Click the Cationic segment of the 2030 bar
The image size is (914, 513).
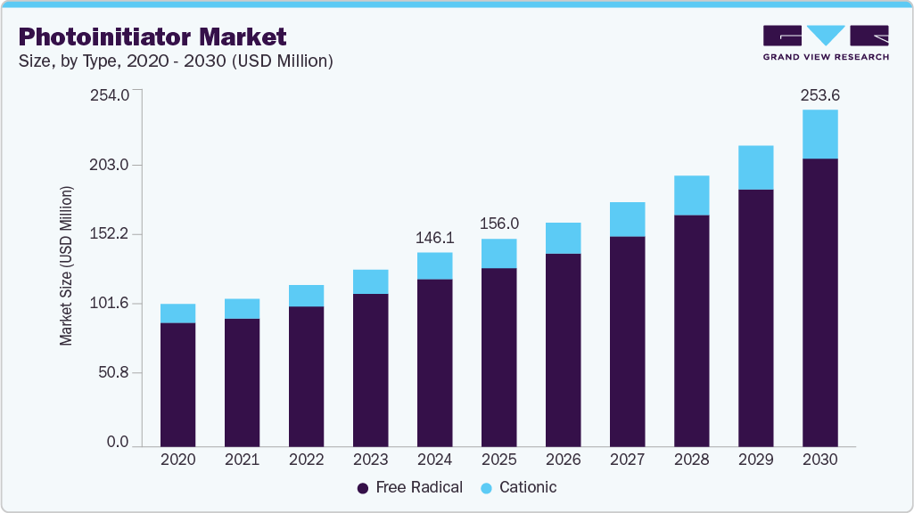click(x=819, y=134)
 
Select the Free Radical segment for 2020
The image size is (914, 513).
click(x=177, y=383)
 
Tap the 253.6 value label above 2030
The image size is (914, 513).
click(x=820, y=94)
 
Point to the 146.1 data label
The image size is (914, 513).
click(x=435, y=238)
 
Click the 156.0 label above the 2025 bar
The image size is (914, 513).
click(x=499, y=224)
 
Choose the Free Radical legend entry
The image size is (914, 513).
click(x=409, y=487)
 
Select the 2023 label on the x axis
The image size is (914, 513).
click(x=370, y=460)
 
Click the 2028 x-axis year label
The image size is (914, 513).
click(x=691, y=460)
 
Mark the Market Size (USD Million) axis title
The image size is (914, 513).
click(x=66, y=266)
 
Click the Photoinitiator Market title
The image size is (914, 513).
click(x=152, y=37)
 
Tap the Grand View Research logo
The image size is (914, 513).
click(x=826, y=43)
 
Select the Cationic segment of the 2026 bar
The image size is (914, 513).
click(x=563, y=238)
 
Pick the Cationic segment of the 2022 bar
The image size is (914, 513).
click(x=306, y=296)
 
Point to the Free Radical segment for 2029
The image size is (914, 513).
click(x=755, y=317)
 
